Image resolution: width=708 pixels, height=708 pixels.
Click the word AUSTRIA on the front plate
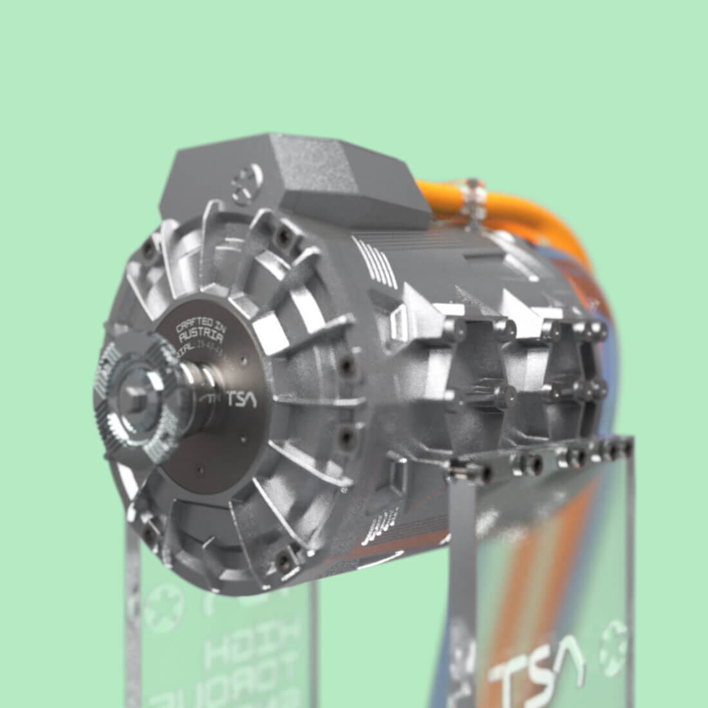(x=200, y=338)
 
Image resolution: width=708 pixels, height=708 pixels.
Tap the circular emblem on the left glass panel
(x=158, y=608)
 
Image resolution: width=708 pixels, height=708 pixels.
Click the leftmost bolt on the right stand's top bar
(x=458, y=472)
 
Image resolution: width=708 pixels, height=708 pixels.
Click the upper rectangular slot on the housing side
(x=399, y=319)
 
